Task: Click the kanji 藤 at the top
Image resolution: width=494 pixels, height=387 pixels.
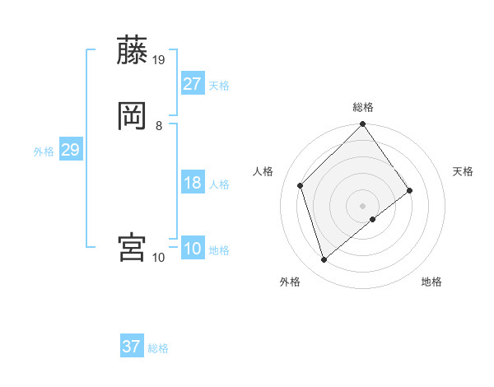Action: pos(132,50)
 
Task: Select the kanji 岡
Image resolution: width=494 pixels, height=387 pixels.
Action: pos(132,116)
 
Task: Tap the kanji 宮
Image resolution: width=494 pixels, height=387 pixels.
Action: pos(132,248)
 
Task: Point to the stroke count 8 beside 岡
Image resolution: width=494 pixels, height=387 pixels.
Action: pos(159,125)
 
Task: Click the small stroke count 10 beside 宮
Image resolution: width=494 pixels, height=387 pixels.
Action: pos(159,258)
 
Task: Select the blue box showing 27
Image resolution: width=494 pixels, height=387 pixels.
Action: pos(193,84)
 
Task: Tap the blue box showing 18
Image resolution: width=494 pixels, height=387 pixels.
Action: pos(193,183)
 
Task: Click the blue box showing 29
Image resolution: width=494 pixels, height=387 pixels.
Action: pos(70,150)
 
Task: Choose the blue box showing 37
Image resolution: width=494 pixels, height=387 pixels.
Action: pos(132,347)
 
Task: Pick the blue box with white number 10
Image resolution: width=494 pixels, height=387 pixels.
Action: pos(193,249)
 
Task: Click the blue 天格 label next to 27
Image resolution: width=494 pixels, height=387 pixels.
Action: pos(219,86)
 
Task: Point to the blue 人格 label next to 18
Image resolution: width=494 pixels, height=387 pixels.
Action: pos(219,184)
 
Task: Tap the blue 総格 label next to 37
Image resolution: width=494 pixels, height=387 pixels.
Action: pos(158,348)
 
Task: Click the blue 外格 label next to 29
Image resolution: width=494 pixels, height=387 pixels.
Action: pos(44,152)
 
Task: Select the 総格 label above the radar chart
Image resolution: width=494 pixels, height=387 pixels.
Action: pos(363,107)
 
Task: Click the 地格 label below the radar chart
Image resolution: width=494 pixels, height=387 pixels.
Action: pos(431,282)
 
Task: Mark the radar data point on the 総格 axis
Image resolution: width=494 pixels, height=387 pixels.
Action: pos(363,125)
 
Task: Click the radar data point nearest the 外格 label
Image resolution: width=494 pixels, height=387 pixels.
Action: pos(324,260)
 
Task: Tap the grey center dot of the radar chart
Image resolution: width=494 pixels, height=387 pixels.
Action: pos(363,205)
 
